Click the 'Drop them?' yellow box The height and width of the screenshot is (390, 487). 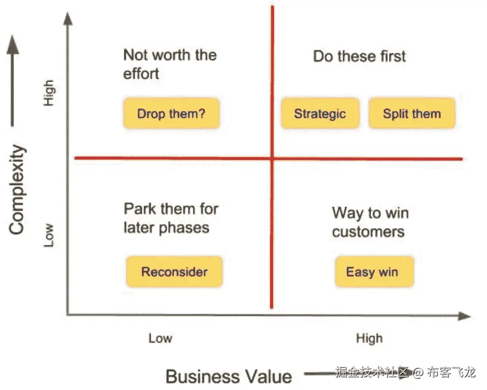click(x=172, y=113)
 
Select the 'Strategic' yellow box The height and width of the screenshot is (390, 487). click(x=320, y=113)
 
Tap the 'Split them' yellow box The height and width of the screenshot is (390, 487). click(x=412, y=113)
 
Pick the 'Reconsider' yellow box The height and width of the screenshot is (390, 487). click(x=174, y=272)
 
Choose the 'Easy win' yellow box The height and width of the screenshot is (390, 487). click(x=374, y=272)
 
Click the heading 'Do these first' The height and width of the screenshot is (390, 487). click(x=359, y=57)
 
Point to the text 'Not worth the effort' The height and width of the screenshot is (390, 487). click(x=170, y=64)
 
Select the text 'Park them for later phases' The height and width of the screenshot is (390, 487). click(x=171, y=218)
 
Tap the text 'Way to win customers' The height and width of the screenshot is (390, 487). click(x=370, y=222)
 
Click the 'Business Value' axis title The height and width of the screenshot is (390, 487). click(x=229, y=376)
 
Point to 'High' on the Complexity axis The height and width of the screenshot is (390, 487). click(x=49, y=93)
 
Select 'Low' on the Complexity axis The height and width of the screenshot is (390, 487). click(x=49, y=235)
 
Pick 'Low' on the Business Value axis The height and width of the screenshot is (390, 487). click(x=160, y=338)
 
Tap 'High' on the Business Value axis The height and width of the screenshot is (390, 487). click(x=369, y=338)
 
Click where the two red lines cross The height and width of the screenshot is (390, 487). click(x=272, y=159)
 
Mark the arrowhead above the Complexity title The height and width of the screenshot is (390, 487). click(x=12, y=44)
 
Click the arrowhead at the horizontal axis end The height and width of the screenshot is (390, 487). click(x=465, y=316)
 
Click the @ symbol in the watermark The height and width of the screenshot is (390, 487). click(x=417, y=372)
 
